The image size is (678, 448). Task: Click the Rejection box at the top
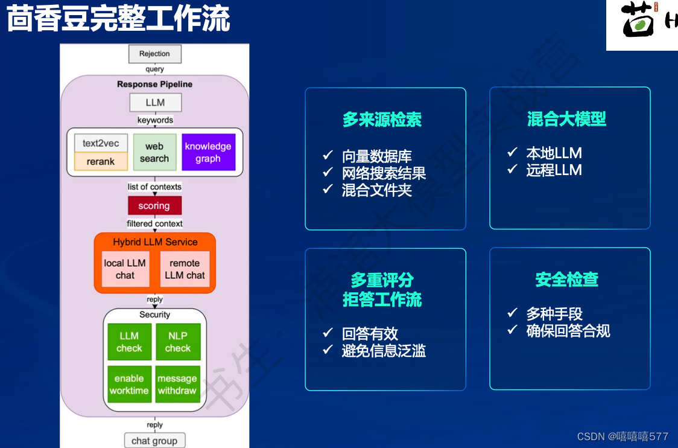pyautogui.click(x=154, y=54)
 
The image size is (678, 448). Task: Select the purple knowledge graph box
pyautogui.click(x=208, y=152)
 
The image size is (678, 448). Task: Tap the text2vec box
pyautogui.click(x=101, y=144)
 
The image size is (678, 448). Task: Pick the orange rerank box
pyautogui.click(x=101, y=161)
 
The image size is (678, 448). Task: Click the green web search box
pyautogui.click(x=154, y=152)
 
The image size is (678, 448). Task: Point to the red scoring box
pyautogui.click(x=154, y=206)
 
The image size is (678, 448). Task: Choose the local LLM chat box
pyautogui.click(x=125, y=269)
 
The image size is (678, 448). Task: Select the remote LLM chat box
pyautogui.click(x=185, y=269)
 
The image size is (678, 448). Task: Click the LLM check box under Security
pyautogui.click(x=129, y=342)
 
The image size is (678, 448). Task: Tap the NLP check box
pyautogui.click(x=177, y=342)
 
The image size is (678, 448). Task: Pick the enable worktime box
pyautogui.click(x=129, y=384)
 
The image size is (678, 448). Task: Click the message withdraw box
pyautogui.click(x=177, y=384)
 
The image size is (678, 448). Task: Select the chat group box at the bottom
pyautogui.click(x=154, y=441)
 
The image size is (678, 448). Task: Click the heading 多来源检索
pyautogui.click(x=382, y=120)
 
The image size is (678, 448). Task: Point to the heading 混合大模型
pyautogui.click(x=566, y=119)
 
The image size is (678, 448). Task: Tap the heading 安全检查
pyautogui.click(x=566, y=280)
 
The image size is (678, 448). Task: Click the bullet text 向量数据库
pyautogui.click(x=376, y=156)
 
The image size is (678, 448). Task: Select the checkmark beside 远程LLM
pyautogui.click(x=513, y=170)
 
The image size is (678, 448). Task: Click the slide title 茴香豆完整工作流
pyautogui.click(x=118, y=20)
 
